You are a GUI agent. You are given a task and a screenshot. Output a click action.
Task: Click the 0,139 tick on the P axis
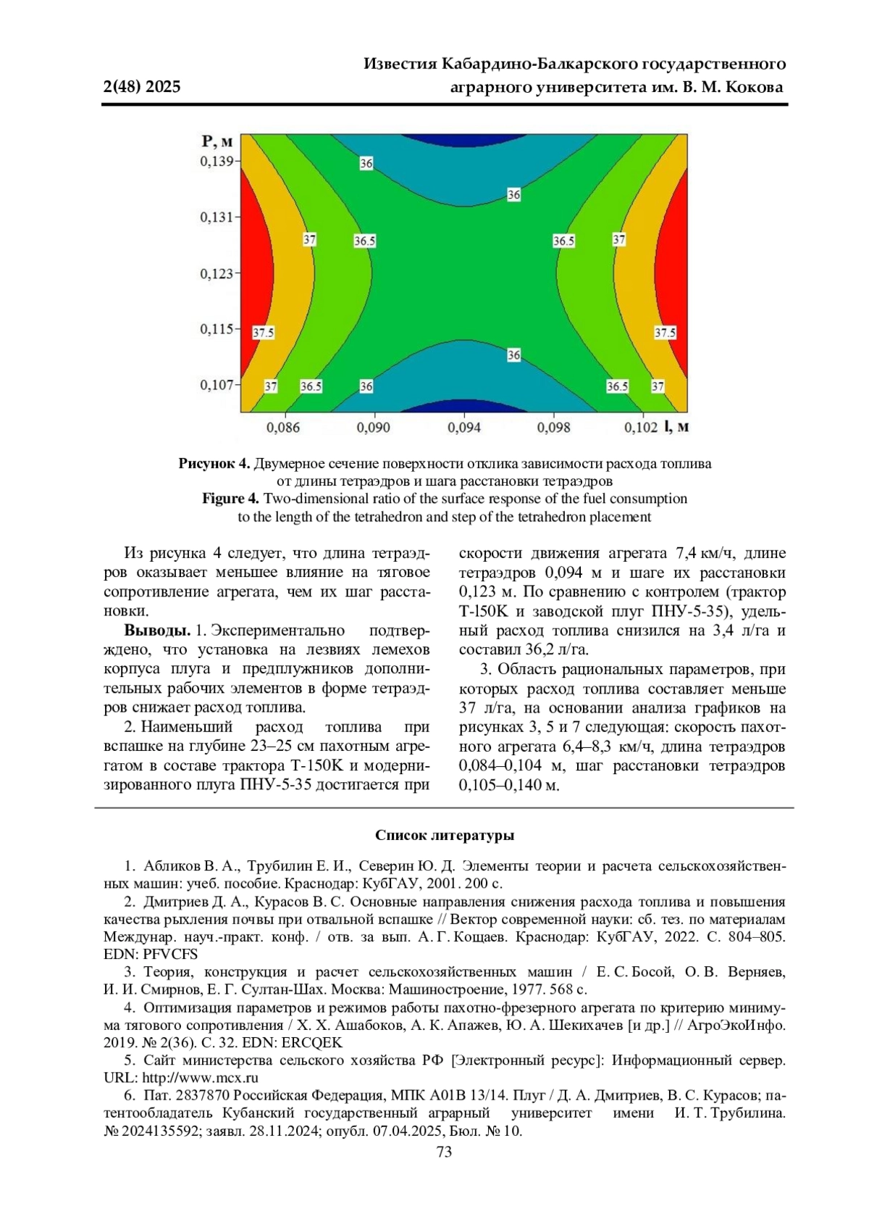(x=217, y=161)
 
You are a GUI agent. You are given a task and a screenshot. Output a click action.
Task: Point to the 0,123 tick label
(x=217, y=273)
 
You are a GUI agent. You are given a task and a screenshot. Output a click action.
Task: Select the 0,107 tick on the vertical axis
(x=217, y=384)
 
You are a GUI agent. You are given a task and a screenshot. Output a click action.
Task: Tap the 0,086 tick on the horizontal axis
(x=283, y=428)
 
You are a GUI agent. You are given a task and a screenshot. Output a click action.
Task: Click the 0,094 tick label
(x=464, y=428)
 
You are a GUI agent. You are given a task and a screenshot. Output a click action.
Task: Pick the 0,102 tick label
(x=641, y=428)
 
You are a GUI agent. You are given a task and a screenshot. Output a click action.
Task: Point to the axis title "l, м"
(x=676, y=427)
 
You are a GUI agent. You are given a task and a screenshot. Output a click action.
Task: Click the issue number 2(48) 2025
(x=142, y=88)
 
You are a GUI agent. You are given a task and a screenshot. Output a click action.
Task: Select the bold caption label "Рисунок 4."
(x=214, y=464)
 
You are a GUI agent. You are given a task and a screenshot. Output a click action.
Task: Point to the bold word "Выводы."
(x=157, y=631)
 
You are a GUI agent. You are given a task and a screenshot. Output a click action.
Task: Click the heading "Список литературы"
(x=445, y=835)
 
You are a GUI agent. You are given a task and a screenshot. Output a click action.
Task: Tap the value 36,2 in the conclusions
(x=540, y=649)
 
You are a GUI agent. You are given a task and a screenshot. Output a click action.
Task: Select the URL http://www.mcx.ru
(x=200, y=1078)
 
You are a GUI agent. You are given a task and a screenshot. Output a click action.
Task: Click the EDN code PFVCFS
(x=170, y=955)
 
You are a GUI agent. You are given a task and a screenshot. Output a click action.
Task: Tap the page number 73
(x=445, y=1152)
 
